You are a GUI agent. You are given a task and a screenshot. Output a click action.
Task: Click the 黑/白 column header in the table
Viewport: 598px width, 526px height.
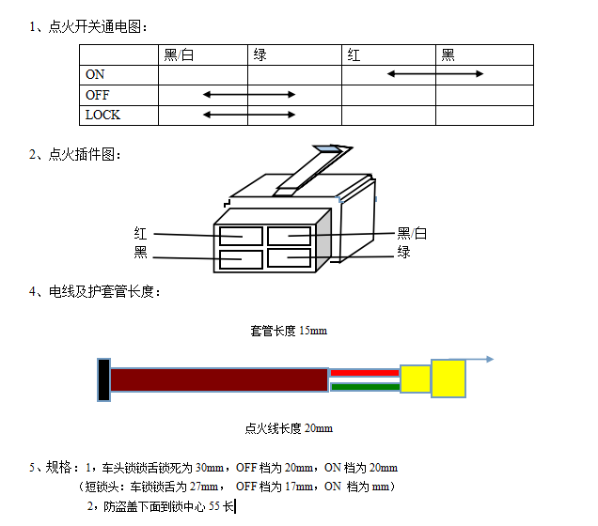coord(179,55)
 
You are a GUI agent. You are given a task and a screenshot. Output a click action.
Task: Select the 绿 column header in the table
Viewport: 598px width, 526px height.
coord(260,55)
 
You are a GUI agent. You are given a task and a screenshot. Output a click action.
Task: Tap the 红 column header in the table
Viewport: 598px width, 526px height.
coord(354,55)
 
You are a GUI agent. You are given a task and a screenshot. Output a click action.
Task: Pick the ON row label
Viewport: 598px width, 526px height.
coord(95,74)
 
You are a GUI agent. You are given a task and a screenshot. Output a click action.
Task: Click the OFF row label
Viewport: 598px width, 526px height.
coord(97,95)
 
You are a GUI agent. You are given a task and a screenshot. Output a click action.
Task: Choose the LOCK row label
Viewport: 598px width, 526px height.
coord(102,115)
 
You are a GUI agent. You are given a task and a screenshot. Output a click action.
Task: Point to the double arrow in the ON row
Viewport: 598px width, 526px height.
coord(435,74)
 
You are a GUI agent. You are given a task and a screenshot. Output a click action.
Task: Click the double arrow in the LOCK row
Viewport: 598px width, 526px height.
coord(249,115)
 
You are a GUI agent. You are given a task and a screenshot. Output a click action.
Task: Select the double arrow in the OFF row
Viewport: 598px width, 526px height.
coord(249,95)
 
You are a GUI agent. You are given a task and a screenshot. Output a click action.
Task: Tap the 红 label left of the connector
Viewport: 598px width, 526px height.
coord(140,234)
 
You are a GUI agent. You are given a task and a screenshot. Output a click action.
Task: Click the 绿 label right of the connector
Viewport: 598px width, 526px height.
coord(404,252)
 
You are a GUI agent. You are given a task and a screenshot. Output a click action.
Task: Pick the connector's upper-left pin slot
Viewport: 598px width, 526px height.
coord(241,236)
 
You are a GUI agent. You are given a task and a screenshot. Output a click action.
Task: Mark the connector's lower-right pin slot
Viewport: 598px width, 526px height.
coord(289,258)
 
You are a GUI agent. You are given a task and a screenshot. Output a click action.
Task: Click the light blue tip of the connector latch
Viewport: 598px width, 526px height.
coord(328,149)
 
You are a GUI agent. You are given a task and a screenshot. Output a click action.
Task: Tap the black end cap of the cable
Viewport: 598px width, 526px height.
coord(103,379)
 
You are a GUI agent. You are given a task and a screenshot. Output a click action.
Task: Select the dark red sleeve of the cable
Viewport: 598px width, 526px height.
coord(219,379)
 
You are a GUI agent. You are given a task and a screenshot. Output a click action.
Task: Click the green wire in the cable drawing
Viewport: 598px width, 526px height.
coord(365,387)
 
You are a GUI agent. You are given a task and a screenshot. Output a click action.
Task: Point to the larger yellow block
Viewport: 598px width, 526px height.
coord(448,379)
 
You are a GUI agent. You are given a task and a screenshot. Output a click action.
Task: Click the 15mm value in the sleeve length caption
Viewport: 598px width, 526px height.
coord(313,331)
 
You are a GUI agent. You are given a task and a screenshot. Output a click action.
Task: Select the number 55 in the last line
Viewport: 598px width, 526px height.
coord(214,506)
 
